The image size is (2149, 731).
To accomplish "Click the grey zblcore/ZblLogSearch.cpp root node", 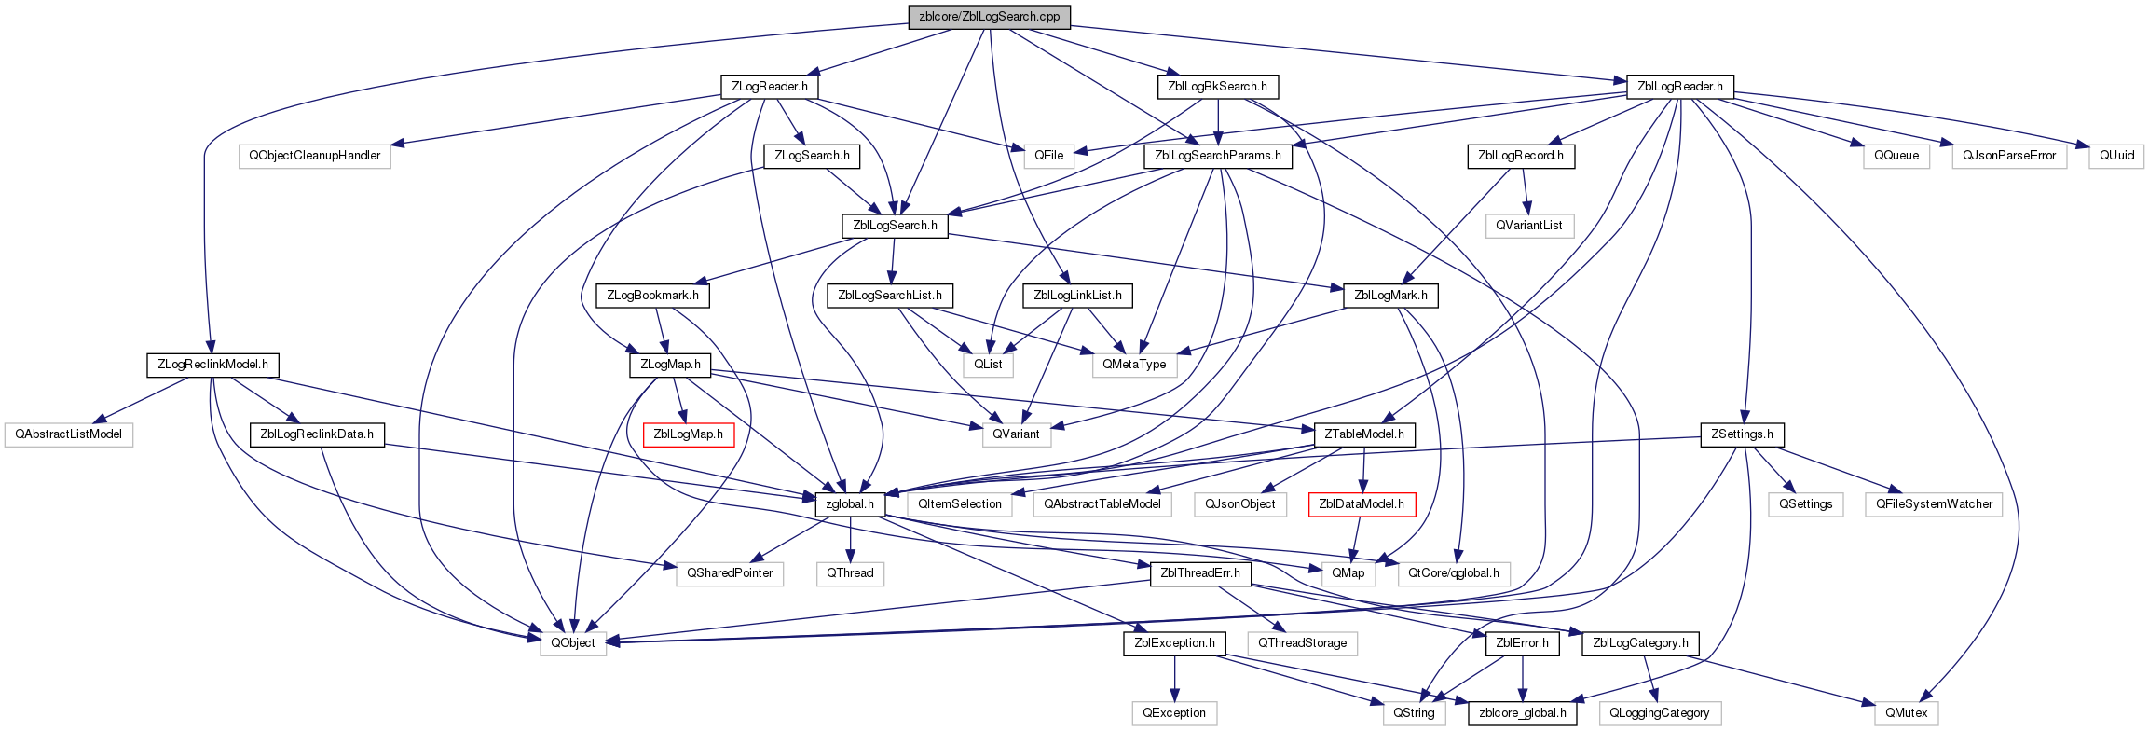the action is tap(989, 17).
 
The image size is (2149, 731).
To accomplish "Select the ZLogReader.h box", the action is tap(769, 87).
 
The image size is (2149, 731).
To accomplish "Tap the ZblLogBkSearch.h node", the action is tap(1217, 87).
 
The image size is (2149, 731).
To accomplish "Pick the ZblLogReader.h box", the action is tap(1679, 87).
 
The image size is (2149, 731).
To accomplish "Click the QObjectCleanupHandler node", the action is tap(315, 156).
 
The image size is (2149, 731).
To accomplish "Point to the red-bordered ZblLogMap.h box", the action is tap(689, 434).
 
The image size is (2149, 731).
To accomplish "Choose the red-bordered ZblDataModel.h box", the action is tap(1362, 504).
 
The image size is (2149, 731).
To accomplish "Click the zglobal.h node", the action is tap(850, 504).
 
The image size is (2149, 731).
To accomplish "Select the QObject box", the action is tap(573, 643).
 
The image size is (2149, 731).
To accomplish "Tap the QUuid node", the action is tap(2116, 156).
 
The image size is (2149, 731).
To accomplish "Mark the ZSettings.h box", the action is tap(1742, 434).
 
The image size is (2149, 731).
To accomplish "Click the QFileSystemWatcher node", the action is tap(1934, 504).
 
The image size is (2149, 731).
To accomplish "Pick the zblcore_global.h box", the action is tap(1523, 713).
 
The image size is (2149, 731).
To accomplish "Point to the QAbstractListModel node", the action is tap(68, 434).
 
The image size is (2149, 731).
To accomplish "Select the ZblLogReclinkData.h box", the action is tap(317, 434).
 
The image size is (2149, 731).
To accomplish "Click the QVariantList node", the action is tap(1529, 226).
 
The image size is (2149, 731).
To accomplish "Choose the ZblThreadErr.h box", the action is tap(1200, 573).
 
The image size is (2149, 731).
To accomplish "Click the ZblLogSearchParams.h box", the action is tap(1218, 156).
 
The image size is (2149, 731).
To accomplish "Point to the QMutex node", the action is tap(1907, 713).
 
